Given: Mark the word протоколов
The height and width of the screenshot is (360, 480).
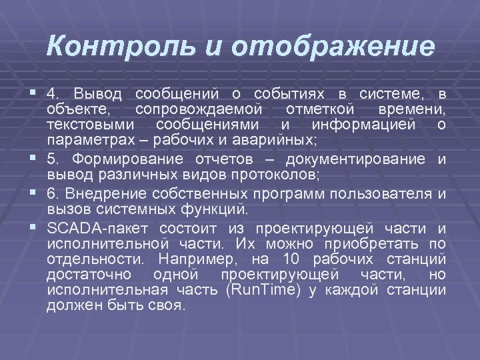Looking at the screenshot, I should pyautogui.click(x=276, y=175).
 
